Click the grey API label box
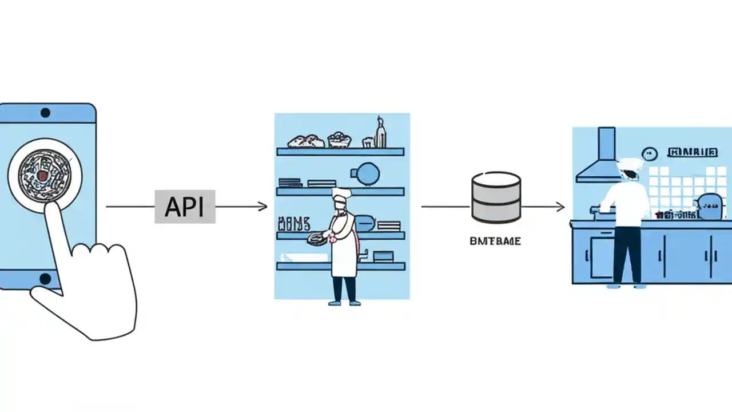[x=185, y=207]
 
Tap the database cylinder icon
[x=496, y=198]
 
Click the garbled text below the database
[x=495, y=241]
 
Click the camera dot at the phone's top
[x=45, y=113]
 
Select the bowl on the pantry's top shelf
[x=340, y=139]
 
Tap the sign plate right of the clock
[x=693, y=152]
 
